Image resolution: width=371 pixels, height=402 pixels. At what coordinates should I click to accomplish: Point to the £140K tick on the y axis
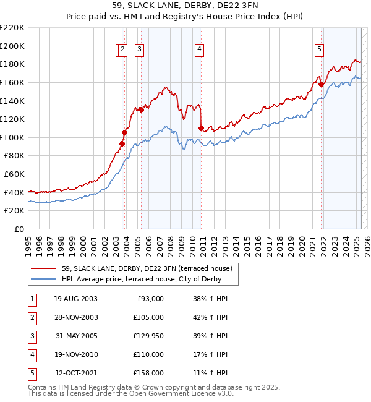(12, 100)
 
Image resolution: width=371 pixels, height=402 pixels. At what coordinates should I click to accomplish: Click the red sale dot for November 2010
(202, 128)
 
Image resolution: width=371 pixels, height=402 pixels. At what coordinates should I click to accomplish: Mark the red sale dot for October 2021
(322, 84)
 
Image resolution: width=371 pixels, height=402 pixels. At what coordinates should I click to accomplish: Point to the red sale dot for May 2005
(141, 110)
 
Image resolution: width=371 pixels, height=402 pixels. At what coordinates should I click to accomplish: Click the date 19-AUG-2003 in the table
(75, 299)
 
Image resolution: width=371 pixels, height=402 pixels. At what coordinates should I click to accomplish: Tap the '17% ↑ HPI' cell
(210, 354)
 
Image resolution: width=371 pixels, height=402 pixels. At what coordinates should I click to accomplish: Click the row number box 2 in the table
(32, 317)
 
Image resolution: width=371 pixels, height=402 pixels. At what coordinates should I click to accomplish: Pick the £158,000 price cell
(148, 373)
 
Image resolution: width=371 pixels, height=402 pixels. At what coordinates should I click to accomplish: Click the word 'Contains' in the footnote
(42, 387)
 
